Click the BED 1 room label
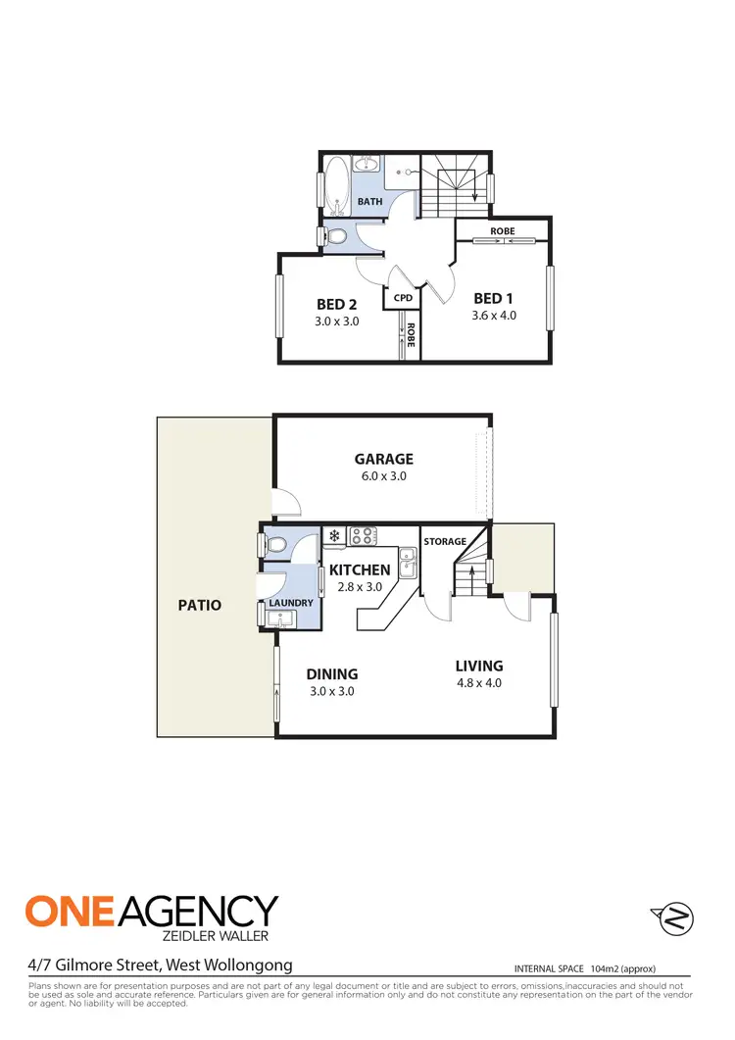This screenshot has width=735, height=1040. pos(493,298)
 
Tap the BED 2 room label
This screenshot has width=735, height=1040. pos(336,303)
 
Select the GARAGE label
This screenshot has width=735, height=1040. pos(383,459)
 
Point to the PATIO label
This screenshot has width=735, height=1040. pos(200,605)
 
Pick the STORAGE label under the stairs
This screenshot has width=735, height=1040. pos(444,541)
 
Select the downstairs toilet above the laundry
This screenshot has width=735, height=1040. pos(275,543)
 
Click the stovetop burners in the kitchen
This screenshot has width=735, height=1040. pos(364,536)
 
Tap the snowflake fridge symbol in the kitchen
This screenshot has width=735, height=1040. pos(334,536)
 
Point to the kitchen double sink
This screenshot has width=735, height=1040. pos(410,563)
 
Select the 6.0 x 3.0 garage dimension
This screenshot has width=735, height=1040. pos(383,476)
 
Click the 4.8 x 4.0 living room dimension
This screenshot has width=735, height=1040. pos(478,683)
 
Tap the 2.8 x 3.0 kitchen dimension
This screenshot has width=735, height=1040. pos(359,587)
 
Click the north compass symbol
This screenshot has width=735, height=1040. pos(671,919)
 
